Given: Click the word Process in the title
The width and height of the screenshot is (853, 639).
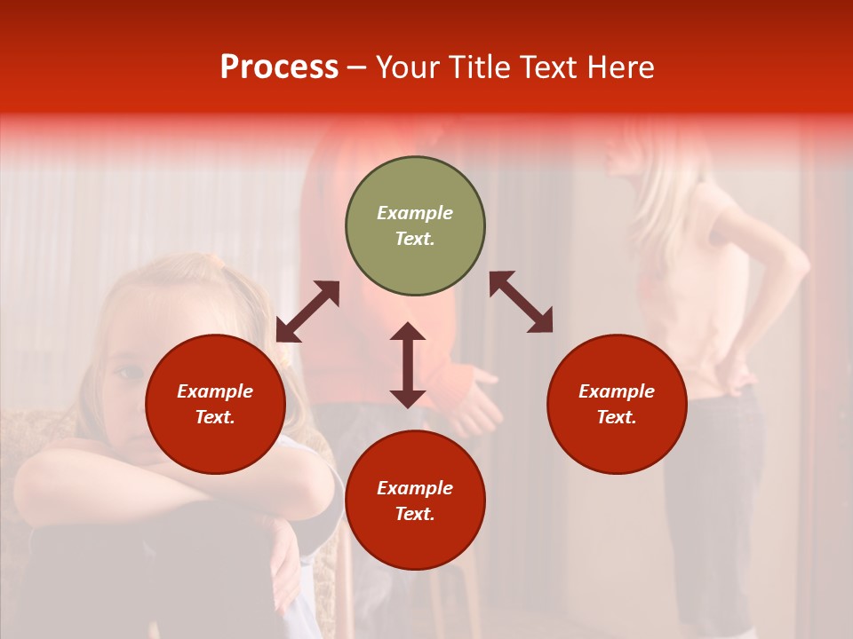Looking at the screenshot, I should [279, 67].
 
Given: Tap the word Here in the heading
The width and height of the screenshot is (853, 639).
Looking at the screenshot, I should [618, 67].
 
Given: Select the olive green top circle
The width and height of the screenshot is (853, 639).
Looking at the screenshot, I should [415, 226].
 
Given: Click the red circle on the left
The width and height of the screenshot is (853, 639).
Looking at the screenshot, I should [215, 405].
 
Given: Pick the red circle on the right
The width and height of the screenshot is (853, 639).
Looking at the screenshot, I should [617, 405].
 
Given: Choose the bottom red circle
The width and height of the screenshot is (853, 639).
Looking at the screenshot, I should [415, 501].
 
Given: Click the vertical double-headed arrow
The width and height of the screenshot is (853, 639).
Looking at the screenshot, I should [408, 365].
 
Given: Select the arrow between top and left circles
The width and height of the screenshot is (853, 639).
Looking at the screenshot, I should [307, 312].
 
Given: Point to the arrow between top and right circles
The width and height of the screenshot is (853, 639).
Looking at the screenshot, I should [521, 302].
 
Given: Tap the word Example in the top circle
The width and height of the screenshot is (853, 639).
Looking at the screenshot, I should [415, 213].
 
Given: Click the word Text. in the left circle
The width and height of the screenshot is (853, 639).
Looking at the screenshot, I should [215, 418].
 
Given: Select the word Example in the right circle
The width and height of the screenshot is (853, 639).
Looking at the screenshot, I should [617, 391].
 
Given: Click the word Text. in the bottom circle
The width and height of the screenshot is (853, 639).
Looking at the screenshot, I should [415, 514].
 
